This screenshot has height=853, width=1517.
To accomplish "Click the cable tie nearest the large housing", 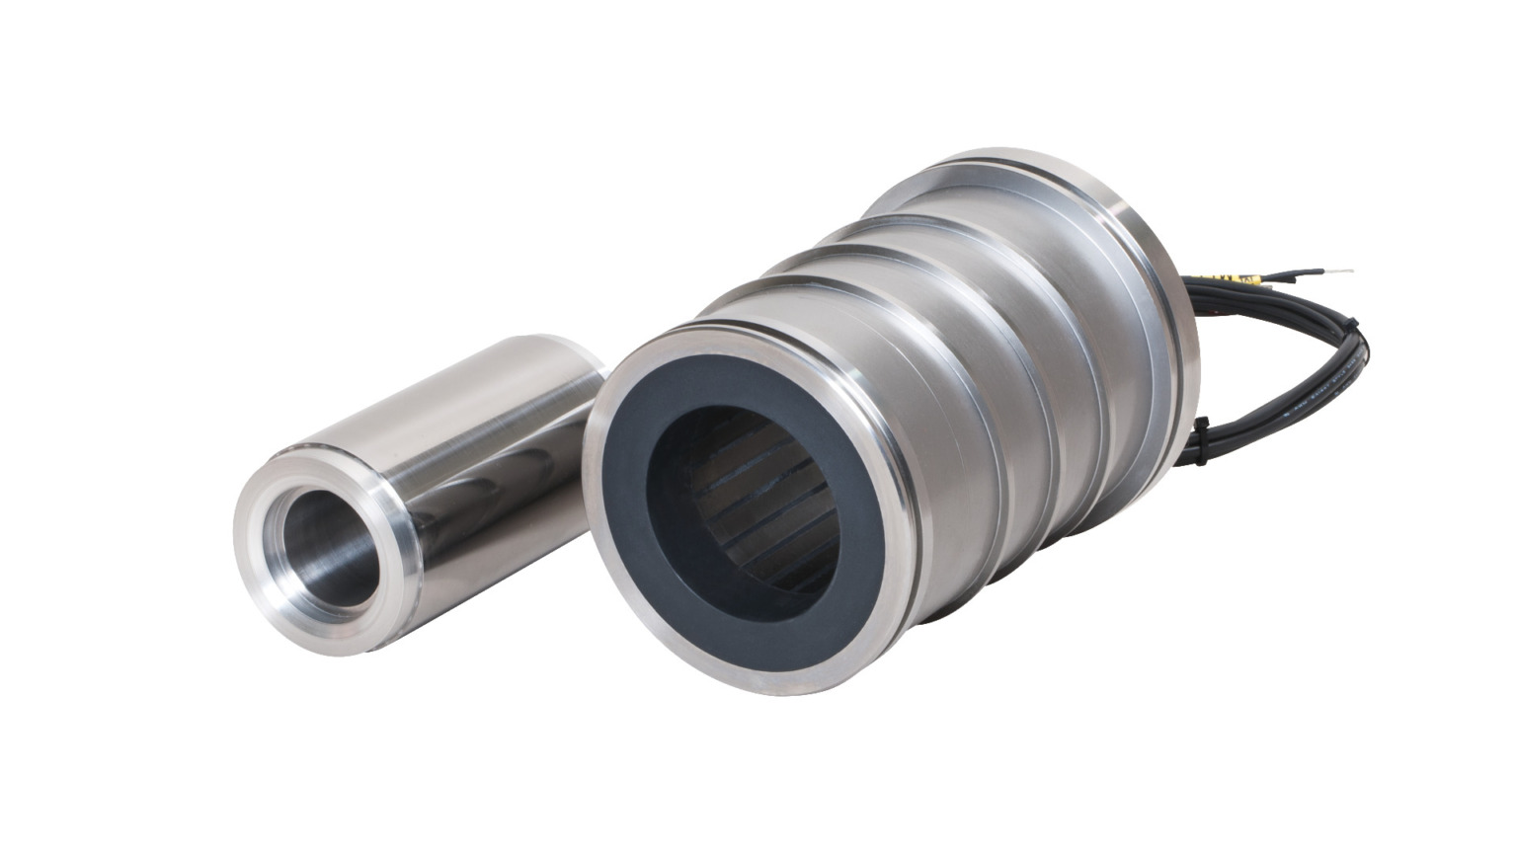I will (1201, 428).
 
